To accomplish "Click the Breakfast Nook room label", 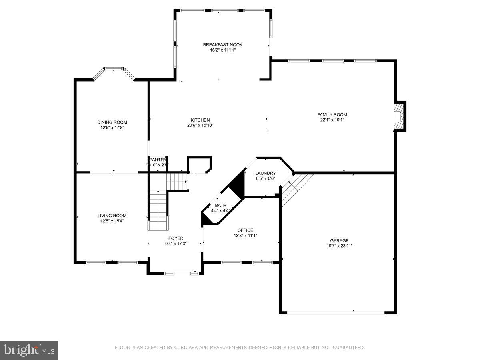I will pos(222,45).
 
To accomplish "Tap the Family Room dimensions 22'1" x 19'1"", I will pos(332,120).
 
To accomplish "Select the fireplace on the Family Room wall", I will pos(398,116).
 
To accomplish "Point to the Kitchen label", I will pos(200,120).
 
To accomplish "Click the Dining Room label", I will pos(112,122).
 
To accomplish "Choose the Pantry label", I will pos(158,160).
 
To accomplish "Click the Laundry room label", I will pos(266,173).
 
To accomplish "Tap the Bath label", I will pos(220,205).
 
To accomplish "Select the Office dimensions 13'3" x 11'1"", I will pos(245,236).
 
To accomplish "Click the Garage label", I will pos(339,240).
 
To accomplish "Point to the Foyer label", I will pos(176,238).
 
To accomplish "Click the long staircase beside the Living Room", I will pos(158,211).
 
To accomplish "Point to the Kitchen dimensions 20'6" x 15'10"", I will pos(200,125).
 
